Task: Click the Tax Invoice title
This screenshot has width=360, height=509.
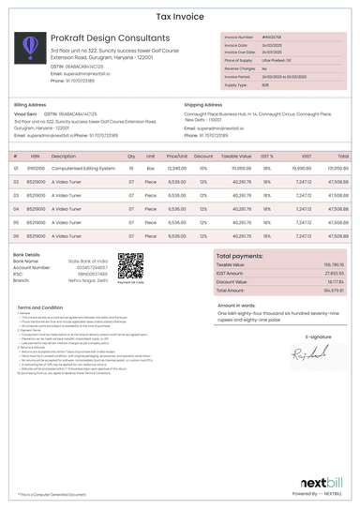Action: coord(180,16)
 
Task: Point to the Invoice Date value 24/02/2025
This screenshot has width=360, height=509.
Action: coord(271,45)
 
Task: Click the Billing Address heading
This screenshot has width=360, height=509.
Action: coord(30,105)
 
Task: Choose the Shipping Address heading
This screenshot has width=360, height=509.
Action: coord(203,105)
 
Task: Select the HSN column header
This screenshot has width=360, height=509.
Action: coord(35,156)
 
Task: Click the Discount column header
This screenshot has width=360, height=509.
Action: coord(203,156)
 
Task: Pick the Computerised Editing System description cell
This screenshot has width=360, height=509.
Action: coord(83,169)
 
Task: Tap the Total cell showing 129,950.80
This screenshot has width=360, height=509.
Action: coord(337,169)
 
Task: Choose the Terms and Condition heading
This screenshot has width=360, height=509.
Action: coord(40,307)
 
